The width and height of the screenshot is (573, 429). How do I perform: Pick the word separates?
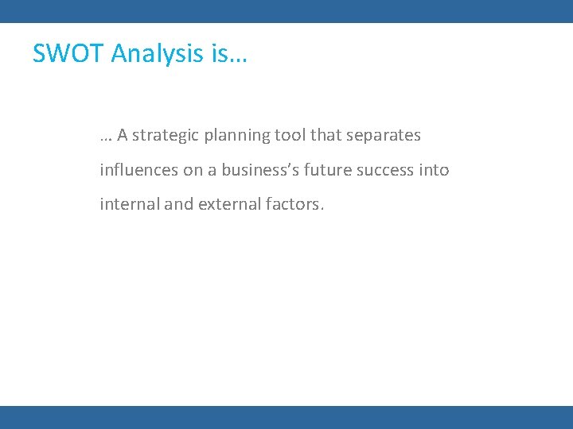click(384, 136)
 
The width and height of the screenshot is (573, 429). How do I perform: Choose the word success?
click(388, 170)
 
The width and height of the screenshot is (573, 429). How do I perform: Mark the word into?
click(435, 170)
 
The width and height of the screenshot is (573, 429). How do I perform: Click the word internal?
click(130, 204)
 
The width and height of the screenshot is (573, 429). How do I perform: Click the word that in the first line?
click(325, 135)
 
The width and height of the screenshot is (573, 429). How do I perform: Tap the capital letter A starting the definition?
click(123, 135)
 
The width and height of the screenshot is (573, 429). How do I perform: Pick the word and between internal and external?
click(179, 204)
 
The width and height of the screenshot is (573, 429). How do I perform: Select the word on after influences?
click(193, 170)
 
